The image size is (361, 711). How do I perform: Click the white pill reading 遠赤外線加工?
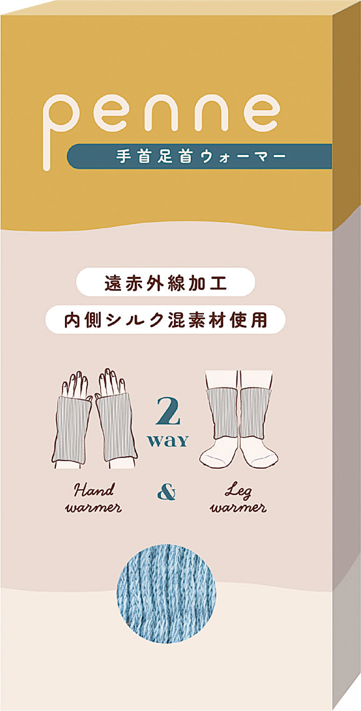[x=166, y=282]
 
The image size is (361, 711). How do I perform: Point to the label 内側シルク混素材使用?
[x=166, y=319]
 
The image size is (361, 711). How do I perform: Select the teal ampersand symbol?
[x=166, y=493]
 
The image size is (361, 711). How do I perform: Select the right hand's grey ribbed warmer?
[x=116, y=426]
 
